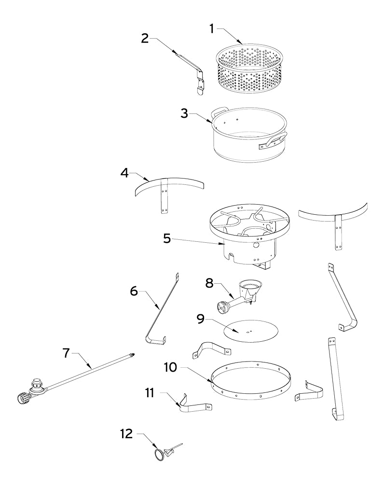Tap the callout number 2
pyautogui.click(x=145, y=39)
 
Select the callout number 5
pyautogui.click(x=167, y=238)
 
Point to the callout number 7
pyautogui.click(x=66, y=353)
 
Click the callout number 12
pyautogui.click(x=126, y=434)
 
